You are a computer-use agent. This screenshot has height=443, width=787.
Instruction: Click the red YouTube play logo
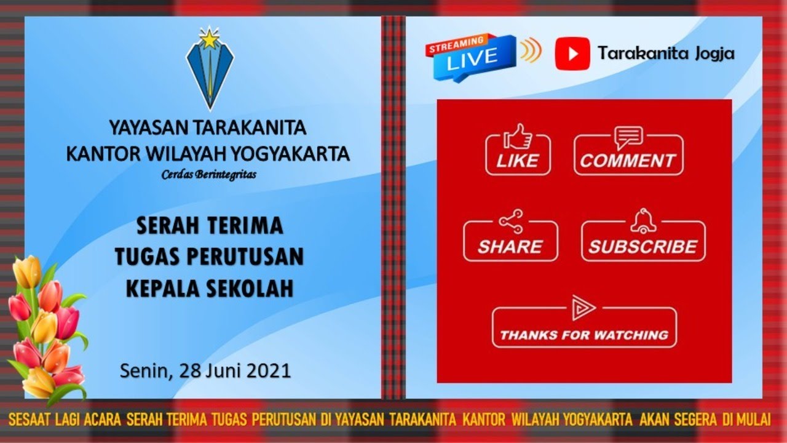[x=572, y=54]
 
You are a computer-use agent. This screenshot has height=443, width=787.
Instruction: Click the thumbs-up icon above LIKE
[x=518, y=136]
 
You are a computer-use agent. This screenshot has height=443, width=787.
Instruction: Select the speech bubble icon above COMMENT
[x=628, y=137]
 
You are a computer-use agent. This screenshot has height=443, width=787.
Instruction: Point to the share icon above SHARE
[x=510, y=222]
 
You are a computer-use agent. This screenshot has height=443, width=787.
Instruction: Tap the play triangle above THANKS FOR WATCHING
[x=582, y=308]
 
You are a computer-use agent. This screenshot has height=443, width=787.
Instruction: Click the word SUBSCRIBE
[x=643, y=247]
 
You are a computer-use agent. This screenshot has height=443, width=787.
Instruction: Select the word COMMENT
[x=627, y=161]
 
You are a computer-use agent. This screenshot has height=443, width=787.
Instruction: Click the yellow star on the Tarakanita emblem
[x=210, y=40]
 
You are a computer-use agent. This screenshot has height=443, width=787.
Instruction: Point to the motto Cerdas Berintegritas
[x=209, y=174]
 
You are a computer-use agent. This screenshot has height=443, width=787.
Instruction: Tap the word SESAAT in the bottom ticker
[x=29, y=420]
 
